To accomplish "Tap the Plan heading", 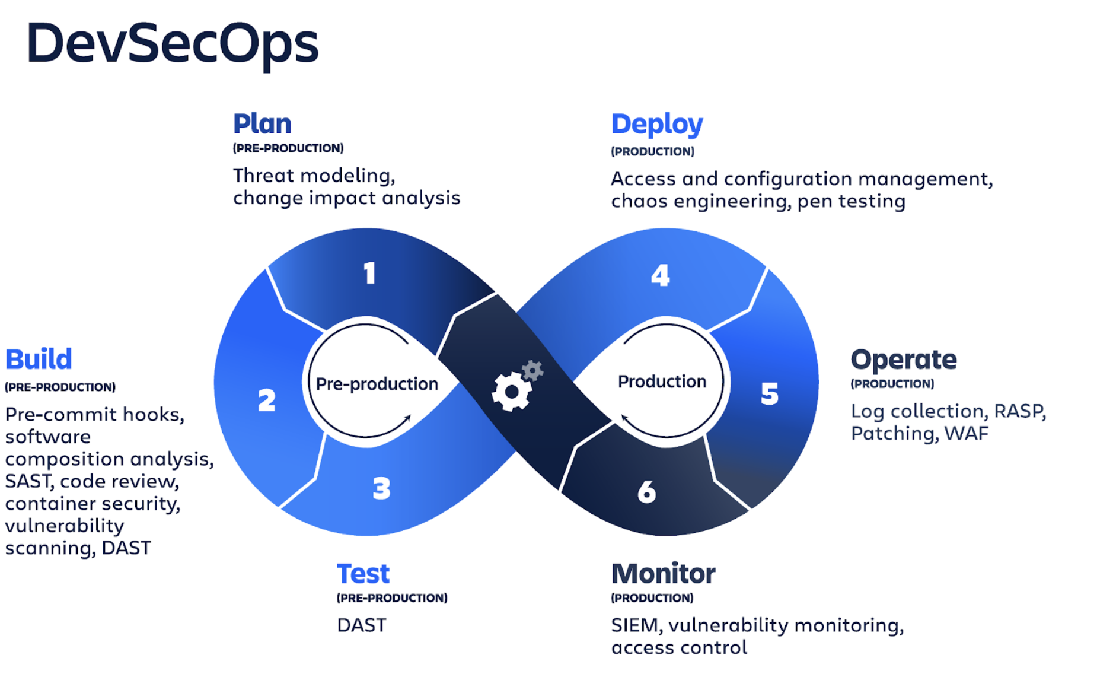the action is coord(262,124).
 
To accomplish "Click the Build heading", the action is coord(39,360).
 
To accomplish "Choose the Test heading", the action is coord(363,574).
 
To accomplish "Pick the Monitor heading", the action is coord(664,574).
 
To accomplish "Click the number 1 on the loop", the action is coord(369,274).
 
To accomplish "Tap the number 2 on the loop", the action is coord(267,400).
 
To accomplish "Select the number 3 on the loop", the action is coord(382,488).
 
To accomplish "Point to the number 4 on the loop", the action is coord(661,275).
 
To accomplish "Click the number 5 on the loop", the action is coord(770,393).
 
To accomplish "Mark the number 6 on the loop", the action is coord(647,492).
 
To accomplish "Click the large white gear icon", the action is coord(511,391).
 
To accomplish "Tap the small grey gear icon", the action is coord(532,370).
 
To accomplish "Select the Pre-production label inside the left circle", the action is coord(377,384).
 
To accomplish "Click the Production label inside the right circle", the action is coord(662,382).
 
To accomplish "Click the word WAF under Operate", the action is coord(967,434).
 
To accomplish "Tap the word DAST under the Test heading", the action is coord(362,625).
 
